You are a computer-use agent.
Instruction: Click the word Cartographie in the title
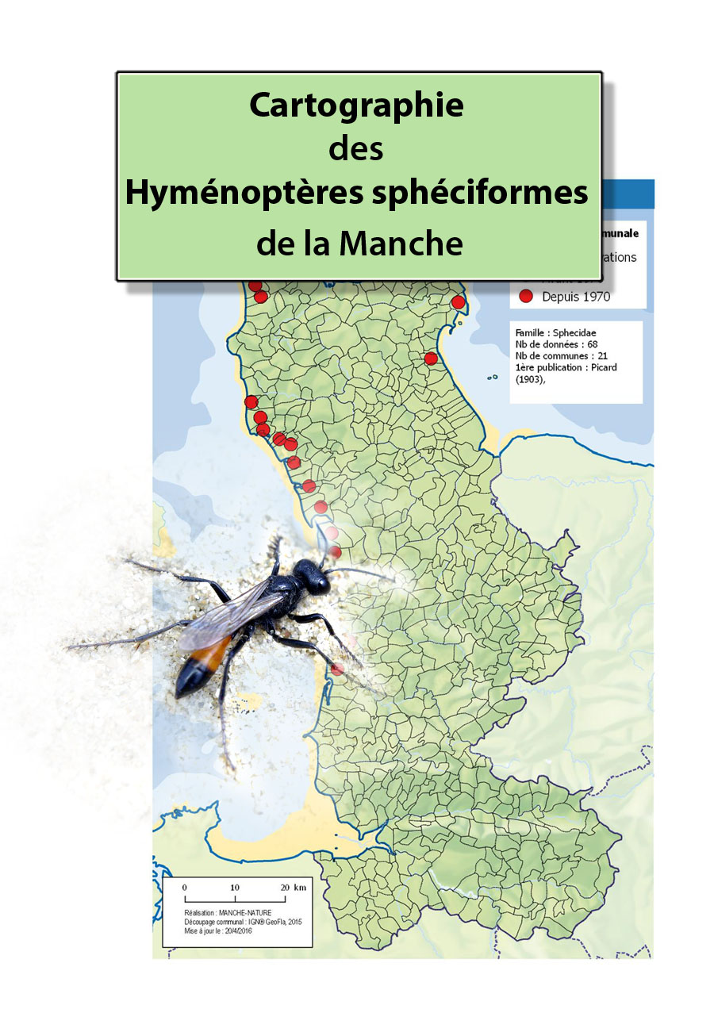356,105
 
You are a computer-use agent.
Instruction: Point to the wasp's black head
310,577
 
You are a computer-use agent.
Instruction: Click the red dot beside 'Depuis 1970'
525,297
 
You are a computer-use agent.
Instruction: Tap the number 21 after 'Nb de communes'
603,356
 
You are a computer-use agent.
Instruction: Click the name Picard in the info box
604,367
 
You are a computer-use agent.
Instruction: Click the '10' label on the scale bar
235,887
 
